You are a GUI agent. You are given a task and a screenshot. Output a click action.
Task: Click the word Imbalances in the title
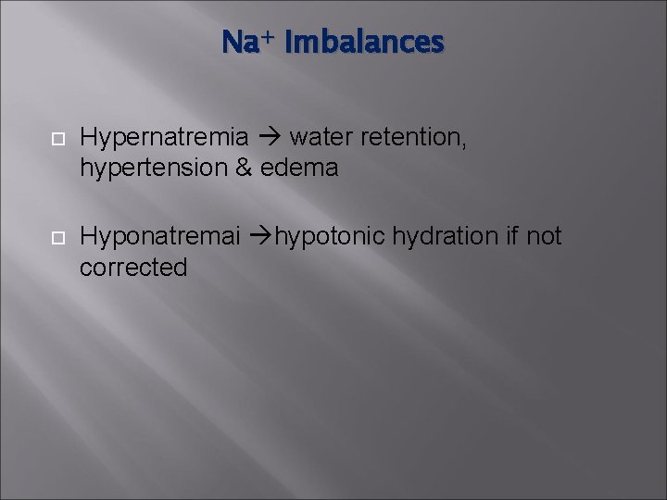click(x=365, y=43)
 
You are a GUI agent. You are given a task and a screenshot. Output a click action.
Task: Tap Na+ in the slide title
click(x=247, y=43)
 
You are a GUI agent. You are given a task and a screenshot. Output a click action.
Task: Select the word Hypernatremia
click(x=164, y=138)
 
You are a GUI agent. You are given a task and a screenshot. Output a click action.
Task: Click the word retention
click(x=412, y=138)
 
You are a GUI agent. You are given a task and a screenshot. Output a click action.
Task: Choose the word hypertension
click(x=153, y=169)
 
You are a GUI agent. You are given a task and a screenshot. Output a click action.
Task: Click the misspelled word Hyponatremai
click(x=159, y=238)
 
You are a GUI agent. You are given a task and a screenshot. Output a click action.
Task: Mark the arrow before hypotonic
click(x=260, y=238)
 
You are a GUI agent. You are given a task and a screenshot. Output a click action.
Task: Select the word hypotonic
click(x=330, y=238)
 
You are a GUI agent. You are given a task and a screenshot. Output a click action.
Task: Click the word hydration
click(x=445, y=237)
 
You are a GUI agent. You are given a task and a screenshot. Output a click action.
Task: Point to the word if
click(x=511, y=237)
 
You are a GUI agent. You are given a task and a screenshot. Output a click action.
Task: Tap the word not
click(x=544, y=237)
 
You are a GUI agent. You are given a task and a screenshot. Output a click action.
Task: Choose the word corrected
click(x=133, y=268)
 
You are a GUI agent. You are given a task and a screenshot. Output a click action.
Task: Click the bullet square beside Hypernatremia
click(x=56, y=139)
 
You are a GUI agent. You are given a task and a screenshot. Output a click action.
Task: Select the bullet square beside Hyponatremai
click(x=56, y=238)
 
